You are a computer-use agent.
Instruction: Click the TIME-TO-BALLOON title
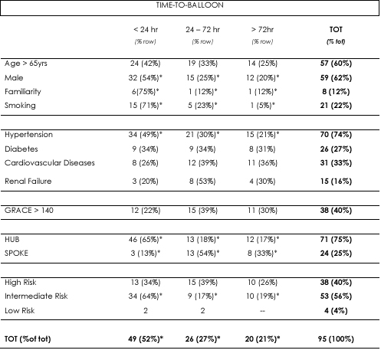(190, 5)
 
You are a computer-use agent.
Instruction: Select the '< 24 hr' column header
(146, 30)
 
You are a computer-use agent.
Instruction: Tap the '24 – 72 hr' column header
(202, 30)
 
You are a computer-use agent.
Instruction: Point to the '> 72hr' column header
(262, 30)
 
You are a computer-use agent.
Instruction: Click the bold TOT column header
(336, 30)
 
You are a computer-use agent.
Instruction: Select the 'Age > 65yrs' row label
(26, 64)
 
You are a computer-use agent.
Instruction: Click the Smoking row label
(20, 106)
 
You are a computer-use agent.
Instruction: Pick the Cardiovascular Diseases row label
(50, 163)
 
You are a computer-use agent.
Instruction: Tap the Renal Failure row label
(28, 182)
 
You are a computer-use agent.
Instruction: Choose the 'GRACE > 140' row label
(29, 211)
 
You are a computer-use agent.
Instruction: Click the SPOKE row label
(16, 254)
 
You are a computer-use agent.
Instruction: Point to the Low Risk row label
(20, 311)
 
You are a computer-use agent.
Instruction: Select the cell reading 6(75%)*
(146, 92)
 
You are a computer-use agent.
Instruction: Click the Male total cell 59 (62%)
(336, 78)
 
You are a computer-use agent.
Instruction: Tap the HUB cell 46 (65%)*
(146, 240)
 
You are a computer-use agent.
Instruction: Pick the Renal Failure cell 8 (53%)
(202, 182)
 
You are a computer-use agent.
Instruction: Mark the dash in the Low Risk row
(262, 311)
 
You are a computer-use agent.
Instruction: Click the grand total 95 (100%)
(336, 339)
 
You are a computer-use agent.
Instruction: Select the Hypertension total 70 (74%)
(336, 135)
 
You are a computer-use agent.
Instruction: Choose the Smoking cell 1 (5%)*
(262, 106)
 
